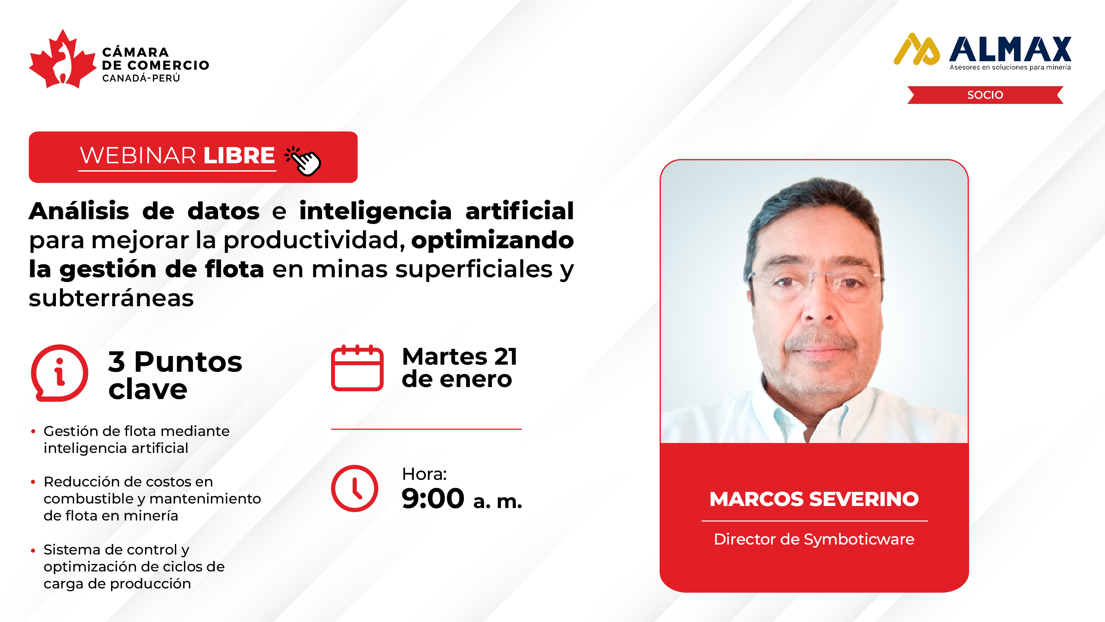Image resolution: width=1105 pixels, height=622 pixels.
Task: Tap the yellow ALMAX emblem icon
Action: [x=916, y=49]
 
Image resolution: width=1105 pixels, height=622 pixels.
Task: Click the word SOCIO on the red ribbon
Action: [x=985, y=95]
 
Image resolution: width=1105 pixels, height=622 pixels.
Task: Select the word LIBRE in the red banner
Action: [x=239, y=155]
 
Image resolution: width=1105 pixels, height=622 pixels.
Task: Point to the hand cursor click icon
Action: [x=303, y=161]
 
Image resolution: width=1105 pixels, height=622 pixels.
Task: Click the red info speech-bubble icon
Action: [x=60, y=373]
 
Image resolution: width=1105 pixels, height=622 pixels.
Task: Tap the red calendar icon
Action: [x=357, y=368]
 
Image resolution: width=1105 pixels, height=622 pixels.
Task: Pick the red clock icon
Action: [x=354, y=488]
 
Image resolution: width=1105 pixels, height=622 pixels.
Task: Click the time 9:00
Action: [x=433, y=499]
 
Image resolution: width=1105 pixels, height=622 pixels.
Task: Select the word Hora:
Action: [x=424, y=474]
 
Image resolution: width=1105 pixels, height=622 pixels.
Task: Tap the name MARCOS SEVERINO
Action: [x=814, y=499]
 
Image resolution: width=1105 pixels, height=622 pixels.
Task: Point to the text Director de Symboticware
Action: [x=814, y=539]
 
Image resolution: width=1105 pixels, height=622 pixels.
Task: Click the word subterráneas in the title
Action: [x=111, y=298]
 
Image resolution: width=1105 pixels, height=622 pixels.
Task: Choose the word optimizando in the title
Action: [x=493, y=240]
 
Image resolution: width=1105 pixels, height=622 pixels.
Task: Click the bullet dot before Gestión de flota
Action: [x=33, y=431]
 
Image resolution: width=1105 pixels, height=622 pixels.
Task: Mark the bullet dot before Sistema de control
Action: [x=33, y=550]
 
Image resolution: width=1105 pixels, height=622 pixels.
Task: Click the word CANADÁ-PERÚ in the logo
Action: [x=141, y=78]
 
